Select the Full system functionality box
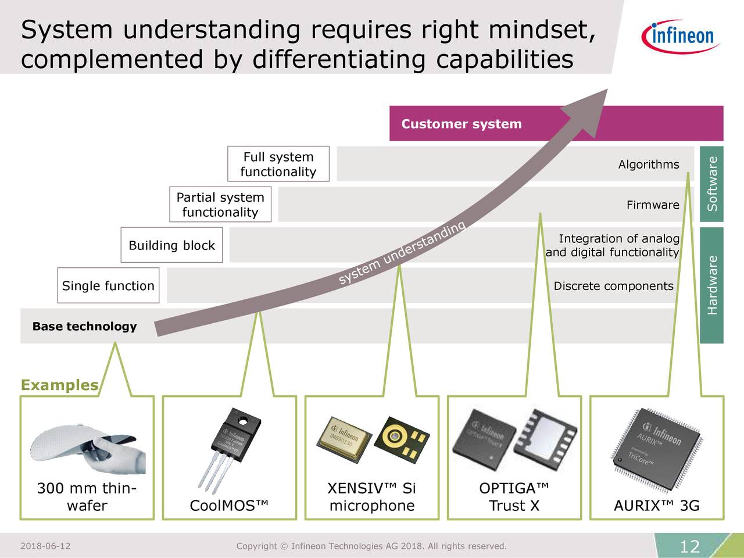pos(278,164)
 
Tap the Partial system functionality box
pos(220,205)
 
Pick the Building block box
pos(171,245)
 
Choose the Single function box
pos(108,285)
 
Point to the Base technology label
pos(85,326)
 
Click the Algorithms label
pos(648,164)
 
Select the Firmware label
pos(652,205)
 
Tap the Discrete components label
pos(613,286)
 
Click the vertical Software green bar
pos(711,184)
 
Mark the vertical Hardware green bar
pos(711,285)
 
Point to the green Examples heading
pos(59,385)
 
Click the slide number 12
pos(689,546)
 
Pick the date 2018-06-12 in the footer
pos(45,546)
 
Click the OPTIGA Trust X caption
pos(514,497)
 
